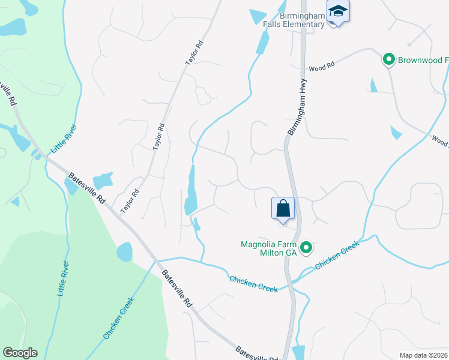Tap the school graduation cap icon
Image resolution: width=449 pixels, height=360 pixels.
click(x=338, y=12)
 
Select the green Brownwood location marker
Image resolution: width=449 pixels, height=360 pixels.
click(x=388, y=59)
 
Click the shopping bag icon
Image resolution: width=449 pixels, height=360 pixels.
click(x=283, y=209)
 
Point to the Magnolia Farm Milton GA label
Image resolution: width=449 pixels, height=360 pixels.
click(x=269, y=248)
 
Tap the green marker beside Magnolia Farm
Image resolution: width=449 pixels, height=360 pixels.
click(x=306, y=247)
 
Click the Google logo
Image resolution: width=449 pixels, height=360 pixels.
click(x=20, y=353)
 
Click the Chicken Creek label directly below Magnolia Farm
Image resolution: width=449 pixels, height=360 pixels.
click(x=253, y=284)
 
